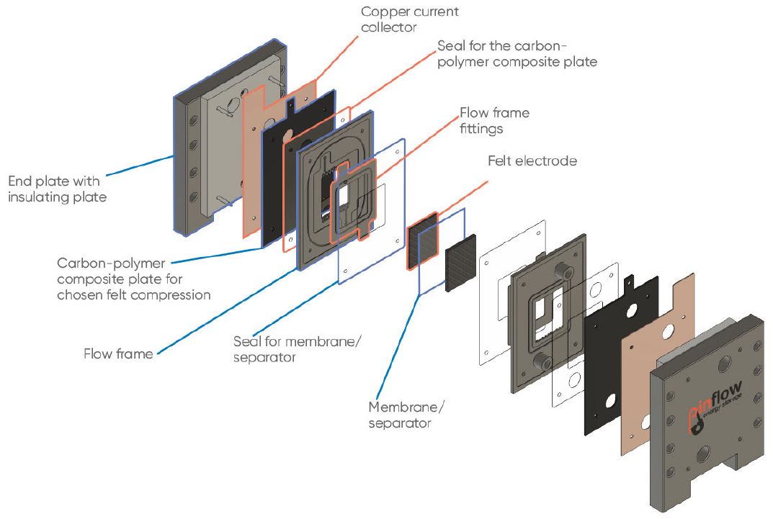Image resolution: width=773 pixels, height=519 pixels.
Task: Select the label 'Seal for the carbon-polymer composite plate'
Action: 517,54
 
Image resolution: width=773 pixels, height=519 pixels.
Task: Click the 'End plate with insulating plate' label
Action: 57,187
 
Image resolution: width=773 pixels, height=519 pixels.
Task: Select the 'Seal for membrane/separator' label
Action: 297,348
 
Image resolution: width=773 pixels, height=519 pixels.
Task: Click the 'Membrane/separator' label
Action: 406,415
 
